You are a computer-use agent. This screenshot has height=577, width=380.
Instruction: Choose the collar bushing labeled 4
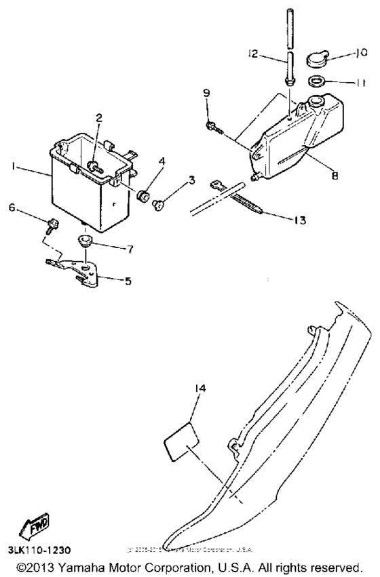coord(143,196)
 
